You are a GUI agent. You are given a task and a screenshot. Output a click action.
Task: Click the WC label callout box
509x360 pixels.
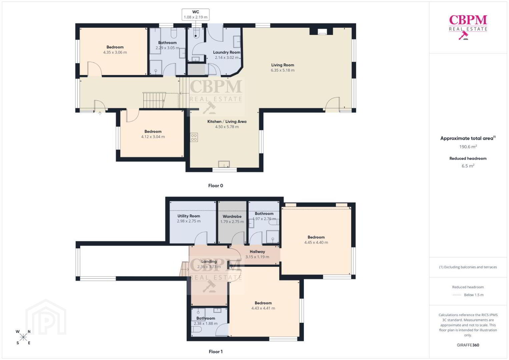[x=195, y=15]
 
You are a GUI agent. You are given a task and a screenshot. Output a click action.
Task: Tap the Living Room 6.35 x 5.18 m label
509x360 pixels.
[x=283, y=67]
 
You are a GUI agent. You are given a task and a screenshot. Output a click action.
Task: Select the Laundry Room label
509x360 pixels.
[x=226, y=52]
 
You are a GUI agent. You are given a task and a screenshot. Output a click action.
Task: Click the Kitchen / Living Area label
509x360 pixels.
[x=227, y=122]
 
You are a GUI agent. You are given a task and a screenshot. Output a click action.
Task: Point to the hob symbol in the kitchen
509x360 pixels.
[x=194, y=137]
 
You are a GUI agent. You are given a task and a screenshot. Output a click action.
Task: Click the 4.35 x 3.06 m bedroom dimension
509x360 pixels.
[x=115, y=52]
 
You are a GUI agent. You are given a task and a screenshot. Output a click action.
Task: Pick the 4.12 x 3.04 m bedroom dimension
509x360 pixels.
[x=153, y=137]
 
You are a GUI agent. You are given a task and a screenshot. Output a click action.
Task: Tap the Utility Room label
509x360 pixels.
[x=188, y=216]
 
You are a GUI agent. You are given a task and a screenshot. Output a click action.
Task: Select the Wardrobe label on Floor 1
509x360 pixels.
[x=232, y=216]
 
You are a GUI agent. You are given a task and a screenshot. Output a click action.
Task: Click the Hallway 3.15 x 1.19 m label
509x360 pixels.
[x=257, y=254]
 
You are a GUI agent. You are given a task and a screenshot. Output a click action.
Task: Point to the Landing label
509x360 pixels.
[x=209, y=261]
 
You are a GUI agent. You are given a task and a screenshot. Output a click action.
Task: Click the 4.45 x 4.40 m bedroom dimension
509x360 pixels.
[x=316, y=242]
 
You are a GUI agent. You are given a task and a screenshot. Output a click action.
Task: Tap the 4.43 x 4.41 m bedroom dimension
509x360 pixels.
[x=263, y=308]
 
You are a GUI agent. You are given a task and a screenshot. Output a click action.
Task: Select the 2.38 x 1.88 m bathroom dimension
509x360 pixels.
[x=206, y=323]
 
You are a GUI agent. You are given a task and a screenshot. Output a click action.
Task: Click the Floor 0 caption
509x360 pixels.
[x=215, y=186]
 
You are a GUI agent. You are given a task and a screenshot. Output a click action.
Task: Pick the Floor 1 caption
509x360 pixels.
[x=215, y=352]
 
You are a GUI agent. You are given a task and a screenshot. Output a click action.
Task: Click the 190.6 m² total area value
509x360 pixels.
[x=468, y=146]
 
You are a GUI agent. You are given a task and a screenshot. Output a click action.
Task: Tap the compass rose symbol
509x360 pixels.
[x=23, y=337]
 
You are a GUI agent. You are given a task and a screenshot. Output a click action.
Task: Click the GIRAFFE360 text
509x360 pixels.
[x=468, y=345]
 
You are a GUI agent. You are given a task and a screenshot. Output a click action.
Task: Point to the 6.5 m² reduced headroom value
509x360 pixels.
[x=468, y=166]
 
